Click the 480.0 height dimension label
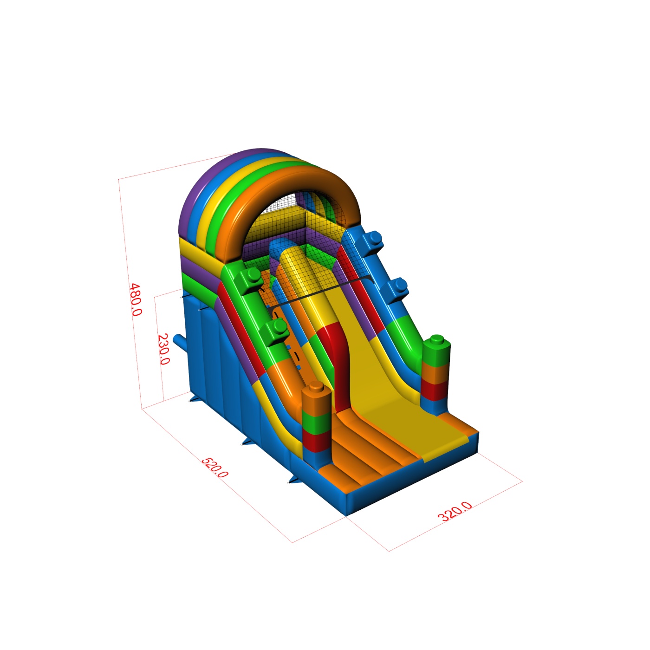136,299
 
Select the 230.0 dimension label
163,349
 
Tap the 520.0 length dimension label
214,468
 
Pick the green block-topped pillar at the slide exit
435,374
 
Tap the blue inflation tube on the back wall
179,343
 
